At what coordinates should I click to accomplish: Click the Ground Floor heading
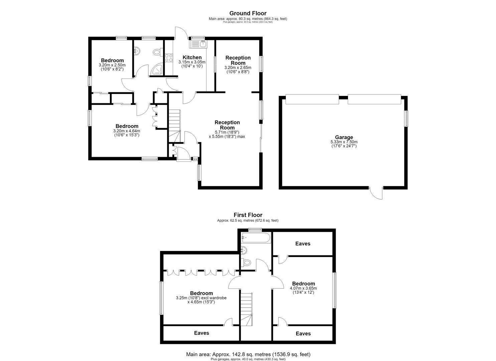tap(248, 13)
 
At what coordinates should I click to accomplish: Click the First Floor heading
tap(248, 215)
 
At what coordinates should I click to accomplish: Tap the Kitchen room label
tap(192, 57)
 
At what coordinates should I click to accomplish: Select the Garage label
tap(344, 137)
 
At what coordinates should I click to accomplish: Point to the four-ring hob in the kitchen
tap(169, 58)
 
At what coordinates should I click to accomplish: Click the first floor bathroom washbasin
tap(244, 250)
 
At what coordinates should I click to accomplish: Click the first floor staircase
tap(246, 309)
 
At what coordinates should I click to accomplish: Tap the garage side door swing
tap(376, 193)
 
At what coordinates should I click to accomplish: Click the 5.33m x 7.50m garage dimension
tap(344, 142)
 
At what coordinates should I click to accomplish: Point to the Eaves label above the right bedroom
tap(303, 244)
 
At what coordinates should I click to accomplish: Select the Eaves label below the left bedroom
tap(201, 333)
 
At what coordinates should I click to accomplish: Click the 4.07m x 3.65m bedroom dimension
tap(303, 288)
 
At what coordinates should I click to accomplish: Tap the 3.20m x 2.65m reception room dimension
tap(238, 68)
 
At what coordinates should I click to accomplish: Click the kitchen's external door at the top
tap(181, 32)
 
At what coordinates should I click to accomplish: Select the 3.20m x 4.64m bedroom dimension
tap(127, 131)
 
